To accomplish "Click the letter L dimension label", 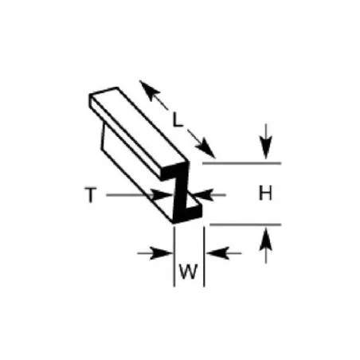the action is pos(178,119).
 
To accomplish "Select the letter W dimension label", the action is pos(189,271).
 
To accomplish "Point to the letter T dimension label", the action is pos(91,194).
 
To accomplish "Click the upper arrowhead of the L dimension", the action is pos(149,89).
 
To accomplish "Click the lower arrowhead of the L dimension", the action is pos(205,148).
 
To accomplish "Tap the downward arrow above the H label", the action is pos(266,142).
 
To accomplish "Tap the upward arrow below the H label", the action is pos(266,246).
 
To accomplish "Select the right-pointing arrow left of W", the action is pos(155,253).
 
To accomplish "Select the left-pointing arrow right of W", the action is pos(224,253).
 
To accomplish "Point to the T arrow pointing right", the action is pos(139,195).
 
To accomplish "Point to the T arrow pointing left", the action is pos(209,195).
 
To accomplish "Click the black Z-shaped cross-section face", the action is pos(181,193).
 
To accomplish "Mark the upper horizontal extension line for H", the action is pos(241,163).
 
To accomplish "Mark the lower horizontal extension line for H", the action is pos(245,225).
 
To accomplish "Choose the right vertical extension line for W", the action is pos(204,256).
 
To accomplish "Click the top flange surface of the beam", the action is pos(138,125).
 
